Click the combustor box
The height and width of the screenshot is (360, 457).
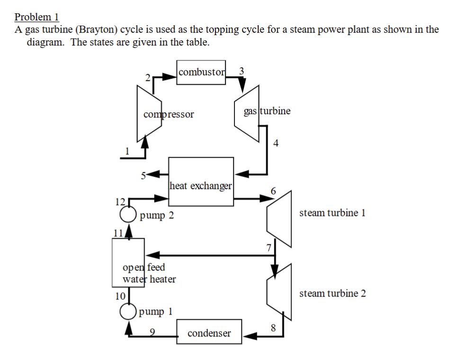(201, 72)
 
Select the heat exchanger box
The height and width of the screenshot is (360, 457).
(201, 181)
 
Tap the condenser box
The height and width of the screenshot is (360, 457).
(209, 333)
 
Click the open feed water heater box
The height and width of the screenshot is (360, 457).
(128, 262)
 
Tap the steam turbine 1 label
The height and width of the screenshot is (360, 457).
(332, 213)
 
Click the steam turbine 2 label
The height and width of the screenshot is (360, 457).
(332, 293)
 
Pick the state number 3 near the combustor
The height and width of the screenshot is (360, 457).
(242, 71)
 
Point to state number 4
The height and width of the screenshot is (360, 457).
(276, 143)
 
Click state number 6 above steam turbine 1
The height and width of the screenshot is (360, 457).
(273, 190)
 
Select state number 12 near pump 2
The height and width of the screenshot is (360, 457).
(119, 201)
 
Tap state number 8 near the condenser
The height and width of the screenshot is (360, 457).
(272, 327)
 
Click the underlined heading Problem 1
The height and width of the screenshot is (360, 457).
(36, 17)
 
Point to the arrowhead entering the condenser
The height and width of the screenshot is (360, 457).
(249, 337)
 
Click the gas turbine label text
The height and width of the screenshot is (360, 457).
(267, 111)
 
